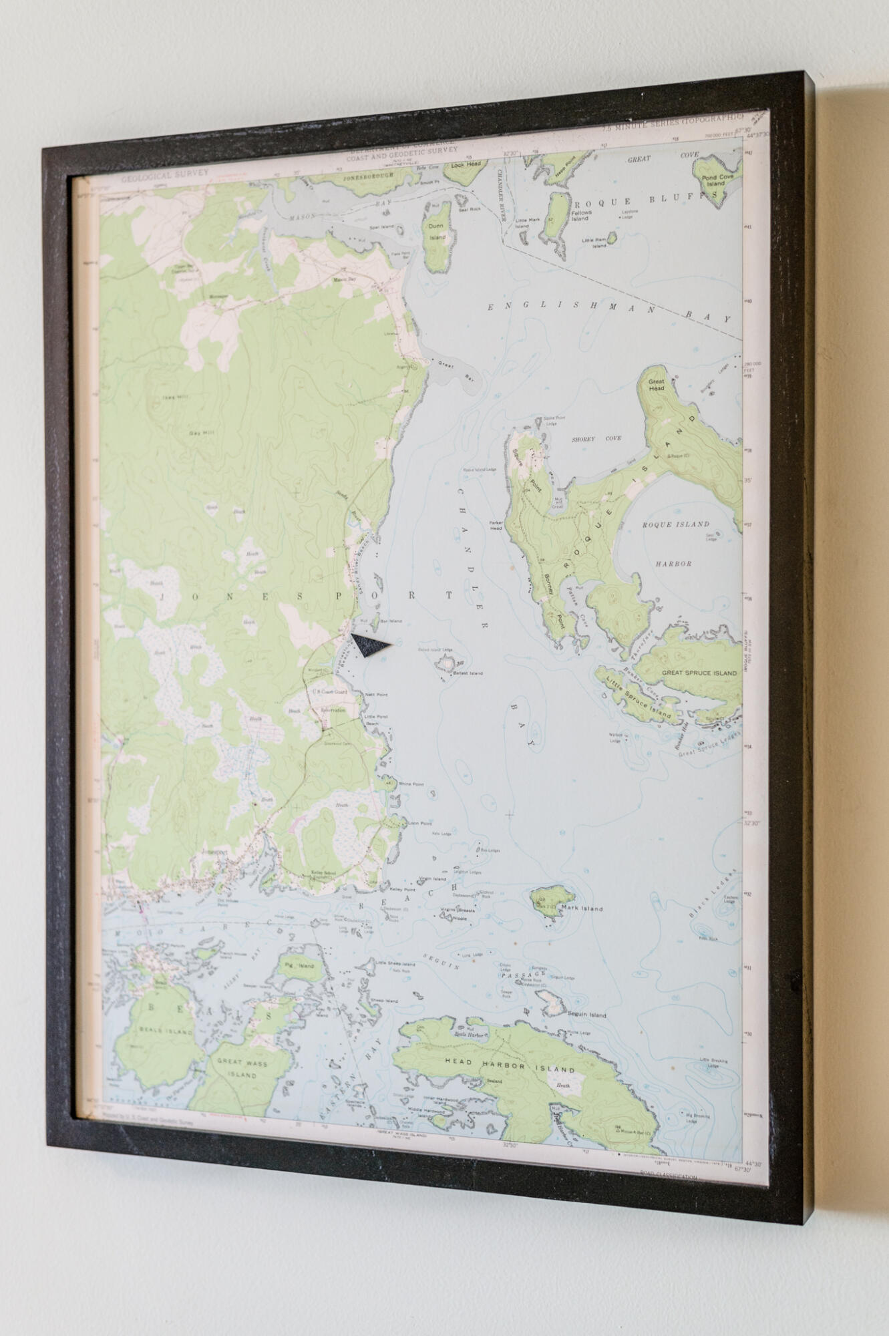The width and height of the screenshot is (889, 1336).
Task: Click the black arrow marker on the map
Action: [x=369, y=645]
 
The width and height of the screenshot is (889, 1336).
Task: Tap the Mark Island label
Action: [x=582, y=908]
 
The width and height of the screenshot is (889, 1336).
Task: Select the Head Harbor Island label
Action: [x=510, y=1063]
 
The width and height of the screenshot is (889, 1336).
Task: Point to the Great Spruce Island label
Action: [x=699, y=673]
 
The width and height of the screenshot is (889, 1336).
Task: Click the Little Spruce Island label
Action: [x=639, y=697]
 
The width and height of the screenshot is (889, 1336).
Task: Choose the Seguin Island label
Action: [x=587, y=1015]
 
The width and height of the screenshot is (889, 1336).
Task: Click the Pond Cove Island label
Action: [x=717, y=180]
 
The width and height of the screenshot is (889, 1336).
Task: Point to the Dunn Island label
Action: [x=437, y=231]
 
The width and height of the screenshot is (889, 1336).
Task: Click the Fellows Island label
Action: [x=581, y=215]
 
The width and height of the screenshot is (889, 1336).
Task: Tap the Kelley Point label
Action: [x=402, y=890]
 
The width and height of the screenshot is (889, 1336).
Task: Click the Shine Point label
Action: [x=411, y=784]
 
